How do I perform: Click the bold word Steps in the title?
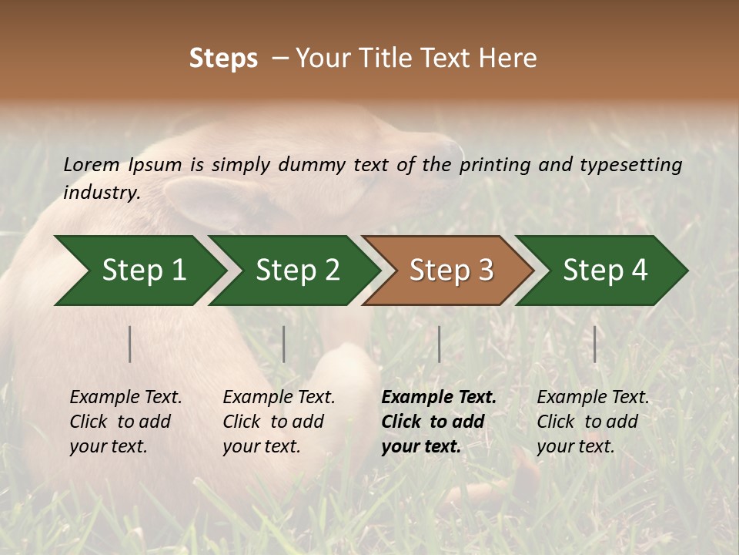click(223, 59)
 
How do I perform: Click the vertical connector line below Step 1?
click(130, 344)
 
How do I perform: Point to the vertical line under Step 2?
click(284, 344)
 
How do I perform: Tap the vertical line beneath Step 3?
click(440, 344)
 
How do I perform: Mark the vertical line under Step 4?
click(595, 344)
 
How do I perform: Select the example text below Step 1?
click(125, 422)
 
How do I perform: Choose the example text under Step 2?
click(279, 422)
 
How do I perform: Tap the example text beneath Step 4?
click(593, 422)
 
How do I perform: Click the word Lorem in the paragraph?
click(92, 164)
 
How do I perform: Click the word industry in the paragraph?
click(102, 192)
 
